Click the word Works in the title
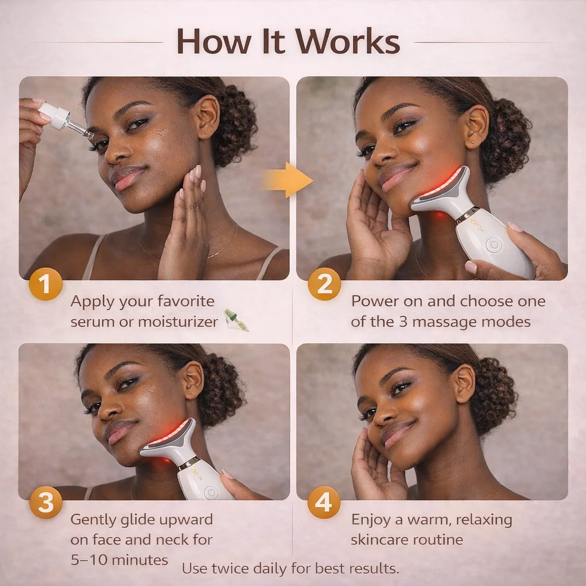347,41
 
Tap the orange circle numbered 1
46,284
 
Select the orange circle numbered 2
324,284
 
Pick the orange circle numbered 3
46,502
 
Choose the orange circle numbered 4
324,502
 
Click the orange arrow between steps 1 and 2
287,180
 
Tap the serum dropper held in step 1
64,121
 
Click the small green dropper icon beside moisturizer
236,320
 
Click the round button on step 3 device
211,493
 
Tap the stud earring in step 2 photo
473,142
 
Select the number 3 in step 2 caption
403,322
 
